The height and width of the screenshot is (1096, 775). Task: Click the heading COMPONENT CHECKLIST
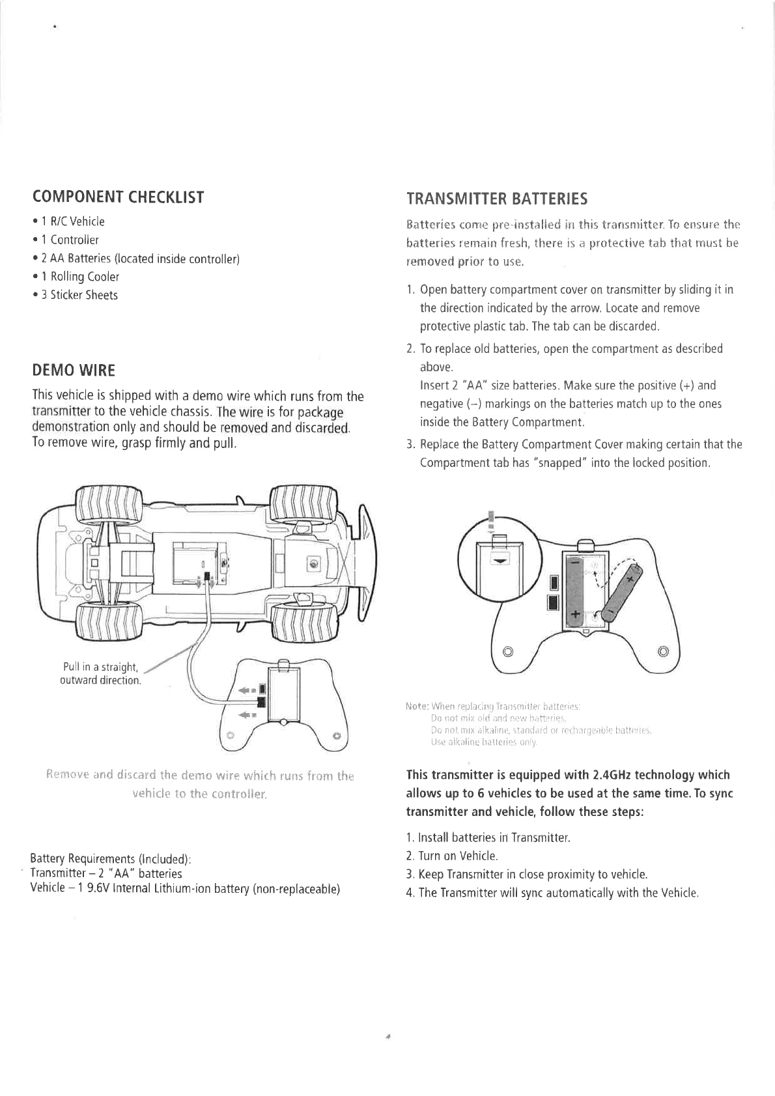coord(118,197)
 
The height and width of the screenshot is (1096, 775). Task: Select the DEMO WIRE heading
coord(74,371)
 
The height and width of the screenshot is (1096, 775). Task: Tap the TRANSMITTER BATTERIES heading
coord(496,198)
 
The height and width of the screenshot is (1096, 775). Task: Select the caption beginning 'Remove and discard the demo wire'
coord(200,785)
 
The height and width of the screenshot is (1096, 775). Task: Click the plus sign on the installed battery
coord(575,614)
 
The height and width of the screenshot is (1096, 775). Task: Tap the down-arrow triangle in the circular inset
coord(500,559)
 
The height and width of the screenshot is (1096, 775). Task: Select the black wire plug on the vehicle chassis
coord(206,577)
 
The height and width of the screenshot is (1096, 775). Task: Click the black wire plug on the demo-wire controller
coord(261,701)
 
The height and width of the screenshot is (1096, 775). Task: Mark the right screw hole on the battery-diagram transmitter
coord(663,651)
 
